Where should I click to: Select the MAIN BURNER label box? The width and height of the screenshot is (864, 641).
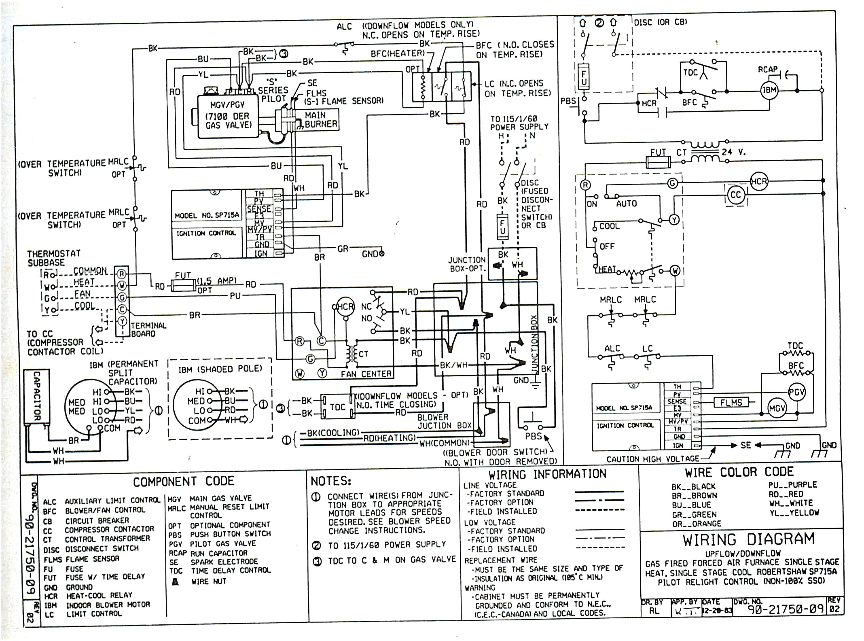(320, 120)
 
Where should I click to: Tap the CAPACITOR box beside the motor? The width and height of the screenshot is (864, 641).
(36, 397)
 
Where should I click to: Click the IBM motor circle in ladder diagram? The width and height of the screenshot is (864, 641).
(769, 90)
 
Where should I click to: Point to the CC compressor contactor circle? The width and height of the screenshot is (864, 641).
(735, 195)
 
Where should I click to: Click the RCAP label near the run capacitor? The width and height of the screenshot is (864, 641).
(767, 70)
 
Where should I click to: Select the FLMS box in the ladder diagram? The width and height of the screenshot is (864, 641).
(731, 402)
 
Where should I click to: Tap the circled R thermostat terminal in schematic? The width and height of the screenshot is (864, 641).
(585, 185)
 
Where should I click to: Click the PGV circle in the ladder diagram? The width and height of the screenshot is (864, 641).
(796, 392)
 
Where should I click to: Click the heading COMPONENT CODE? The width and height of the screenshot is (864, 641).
(183, 481)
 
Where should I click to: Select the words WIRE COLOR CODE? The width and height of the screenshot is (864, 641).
(739, 472)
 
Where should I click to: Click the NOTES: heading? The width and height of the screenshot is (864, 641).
(331, 481)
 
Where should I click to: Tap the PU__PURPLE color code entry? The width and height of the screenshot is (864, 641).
(792, 484)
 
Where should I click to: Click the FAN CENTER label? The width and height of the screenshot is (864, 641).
(366, 374)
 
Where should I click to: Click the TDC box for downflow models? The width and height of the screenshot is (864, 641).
(337, 407)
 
